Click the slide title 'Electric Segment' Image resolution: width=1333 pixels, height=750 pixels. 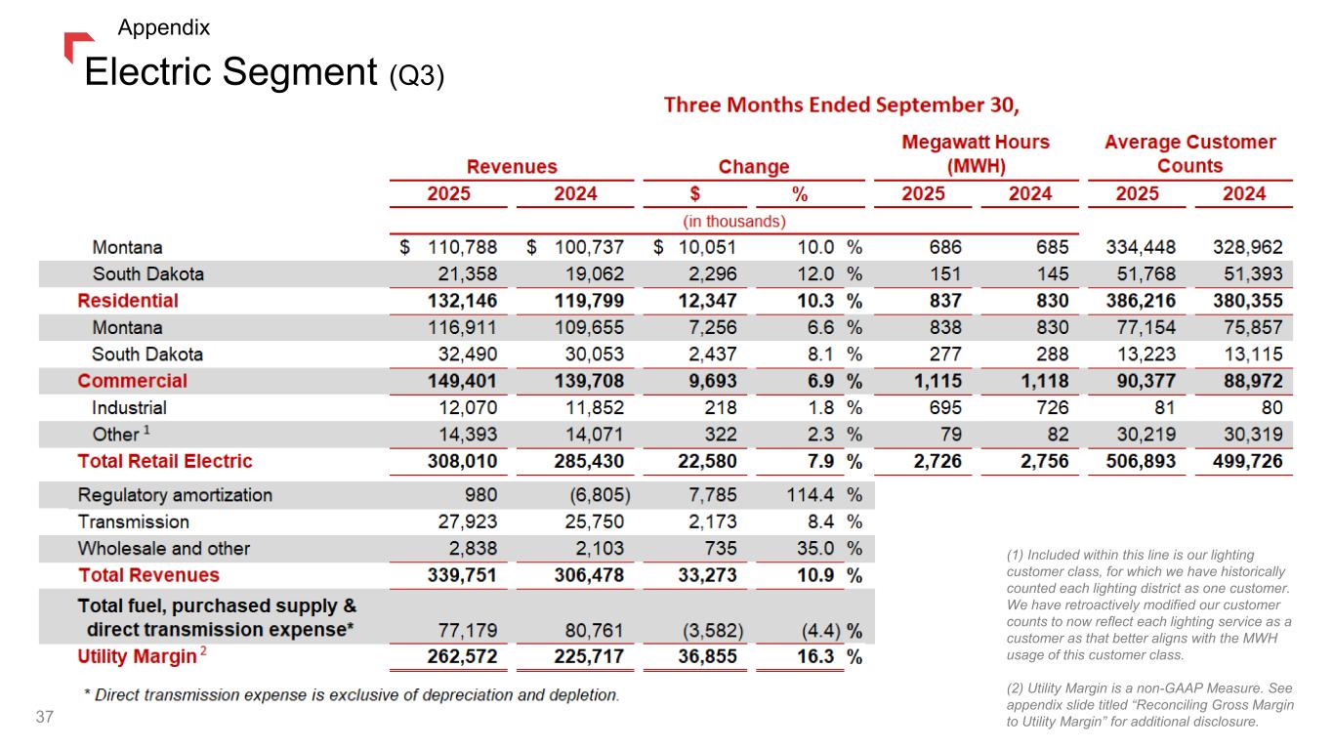230,71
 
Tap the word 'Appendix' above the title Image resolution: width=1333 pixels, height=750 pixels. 163,27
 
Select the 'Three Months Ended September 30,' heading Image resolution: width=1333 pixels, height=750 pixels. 848,104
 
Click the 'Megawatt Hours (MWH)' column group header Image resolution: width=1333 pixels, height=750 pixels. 975,153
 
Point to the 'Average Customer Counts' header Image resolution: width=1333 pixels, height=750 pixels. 1189,153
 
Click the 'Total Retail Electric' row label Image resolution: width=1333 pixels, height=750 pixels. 164,461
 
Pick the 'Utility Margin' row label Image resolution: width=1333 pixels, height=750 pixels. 137,656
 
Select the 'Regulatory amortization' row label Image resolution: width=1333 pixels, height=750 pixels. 175,495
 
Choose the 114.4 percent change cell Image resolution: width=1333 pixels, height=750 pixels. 809,495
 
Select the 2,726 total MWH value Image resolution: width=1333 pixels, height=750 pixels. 936,461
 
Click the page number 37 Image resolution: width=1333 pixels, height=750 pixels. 44,718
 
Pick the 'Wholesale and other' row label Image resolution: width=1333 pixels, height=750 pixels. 163,549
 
